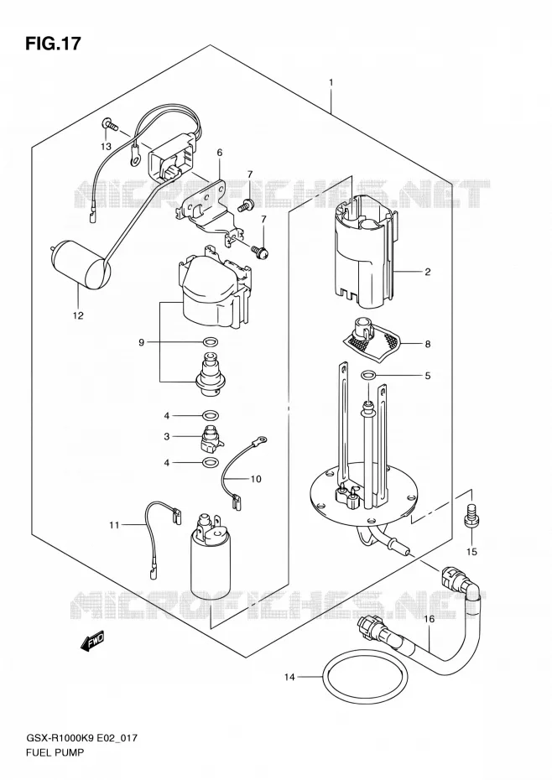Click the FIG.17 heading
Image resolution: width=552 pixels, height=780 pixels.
point(53,44)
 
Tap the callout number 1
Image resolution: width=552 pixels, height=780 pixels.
point(331,82)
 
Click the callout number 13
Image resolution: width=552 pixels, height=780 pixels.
point(106,146)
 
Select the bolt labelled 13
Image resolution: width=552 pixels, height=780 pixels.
point(109,124)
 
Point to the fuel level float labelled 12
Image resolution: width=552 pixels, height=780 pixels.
point(80,265)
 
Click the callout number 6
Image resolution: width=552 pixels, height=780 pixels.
point(219,153)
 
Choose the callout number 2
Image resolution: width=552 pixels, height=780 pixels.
point(427,272)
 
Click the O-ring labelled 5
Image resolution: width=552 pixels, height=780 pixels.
point(367,375)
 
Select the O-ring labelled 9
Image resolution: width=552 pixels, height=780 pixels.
point(211,342)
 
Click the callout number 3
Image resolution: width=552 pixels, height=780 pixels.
point(167,436)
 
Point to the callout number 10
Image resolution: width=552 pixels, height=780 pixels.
point(255,479)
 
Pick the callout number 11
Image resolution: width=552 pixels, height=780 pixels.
point(114,525)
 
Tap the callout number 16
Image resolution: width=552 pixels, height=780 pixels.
point(429,619)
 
